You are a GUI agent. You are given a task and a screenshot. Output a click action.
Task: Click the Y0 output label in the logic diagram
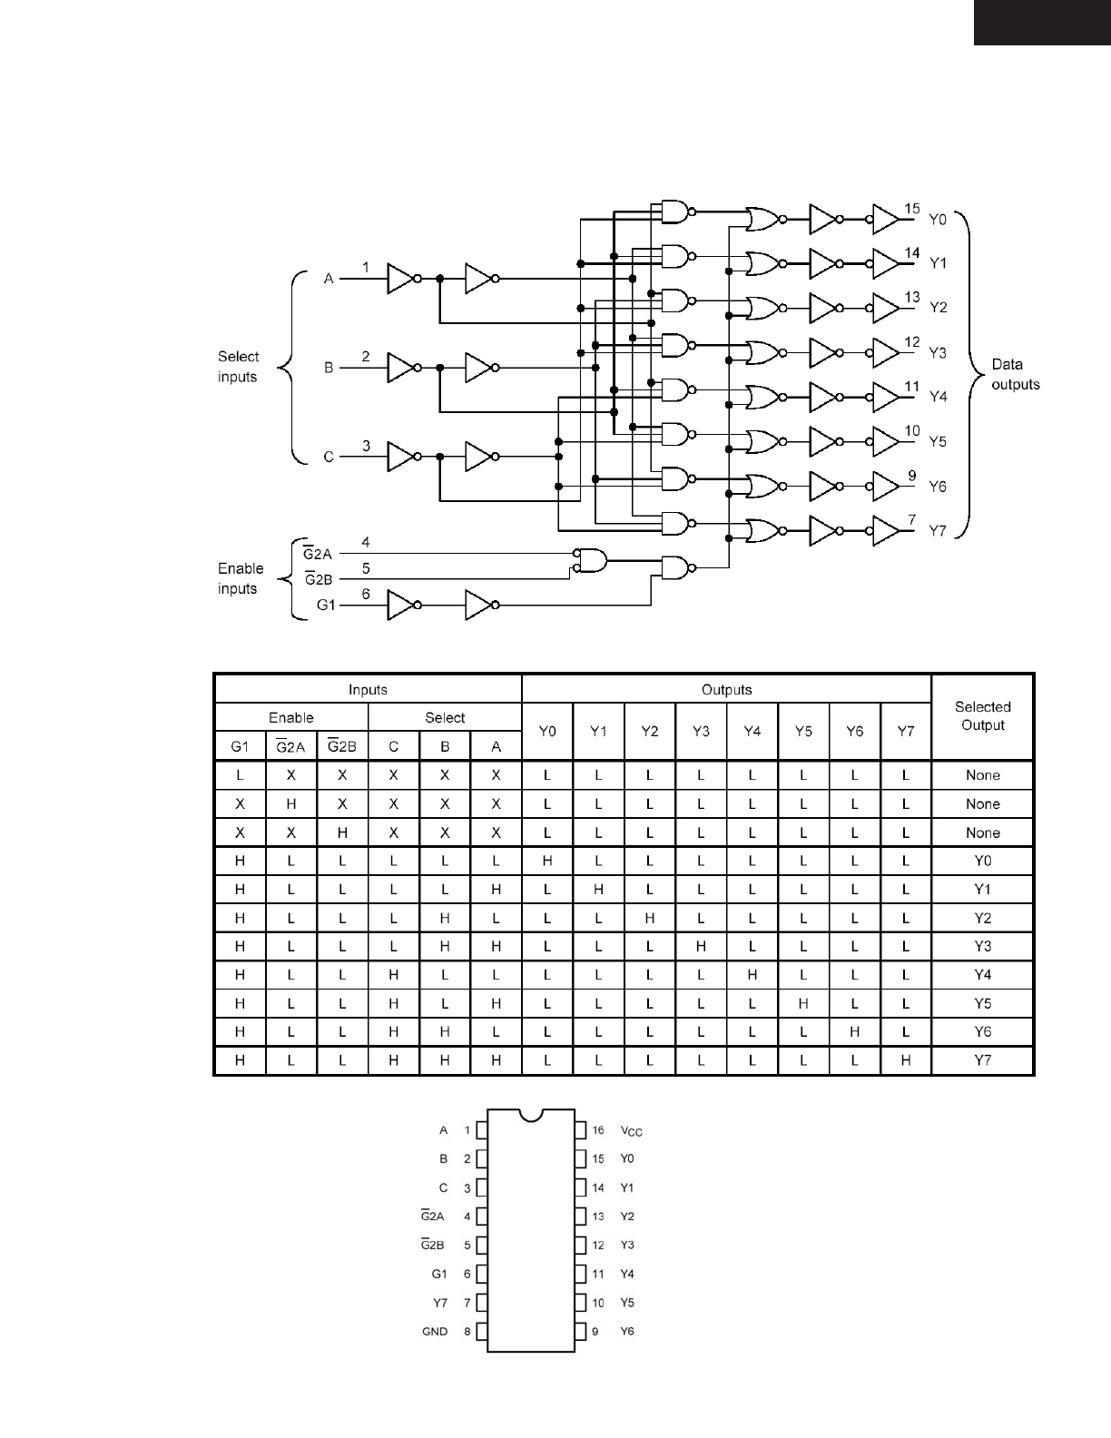pos(938,219)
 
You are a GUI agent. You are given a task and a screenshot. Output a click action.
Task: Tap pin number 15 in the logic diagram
pos(912,209)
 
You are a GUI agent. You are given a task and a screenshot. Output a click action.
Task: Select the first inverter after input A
pos(400,279)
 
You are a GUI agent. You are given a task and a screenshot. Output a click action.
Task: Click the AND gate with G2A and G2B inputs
pos(591,561)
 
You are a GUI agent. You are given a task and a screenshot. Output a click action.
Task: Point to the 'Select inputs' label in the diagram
pos(238,367)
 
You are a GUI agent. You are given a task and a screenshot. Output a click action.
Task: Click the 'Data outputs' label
pos(1015,374)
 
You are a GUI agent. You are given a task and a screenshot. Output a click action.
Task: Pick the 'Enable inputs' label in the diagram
pos(241,578)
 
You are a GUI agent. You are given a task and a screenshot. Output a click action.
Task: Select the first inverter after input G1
pos(400,605)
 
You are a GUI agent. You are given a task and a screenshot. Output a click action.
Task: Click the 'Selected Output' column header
pos(982,715)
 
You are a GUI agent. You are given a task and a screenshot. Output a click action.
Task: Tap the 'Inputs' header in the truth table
pos(368,690)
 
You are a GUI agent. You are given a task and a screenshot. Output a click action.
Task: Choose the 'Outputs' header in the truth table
pos(726,690)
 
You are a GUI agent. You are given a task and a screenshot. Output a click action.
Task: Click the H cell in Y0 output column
pos(547,861)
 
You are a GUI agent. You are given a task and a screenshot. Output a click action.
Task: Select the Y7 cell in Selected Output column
pos(982,1060)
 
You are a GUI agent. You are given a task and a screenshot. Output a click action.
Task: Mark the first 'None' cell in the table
pos(982,775)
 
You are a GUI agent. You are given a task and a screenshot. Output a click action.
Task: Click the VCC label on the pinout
pos(631,1131)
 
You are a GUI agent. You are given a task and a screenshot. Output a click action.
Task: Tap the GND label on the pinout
pos(435,1332)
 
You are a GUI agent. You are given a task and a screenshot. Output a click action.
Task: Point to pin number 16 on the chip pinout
pos(598,1130)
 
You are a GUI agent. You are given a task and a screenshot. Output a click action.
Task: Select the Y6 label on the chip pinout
pos(627,1332)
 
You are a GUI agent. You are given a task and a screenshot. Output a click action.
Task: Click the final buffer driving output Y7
pos(885,531)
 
